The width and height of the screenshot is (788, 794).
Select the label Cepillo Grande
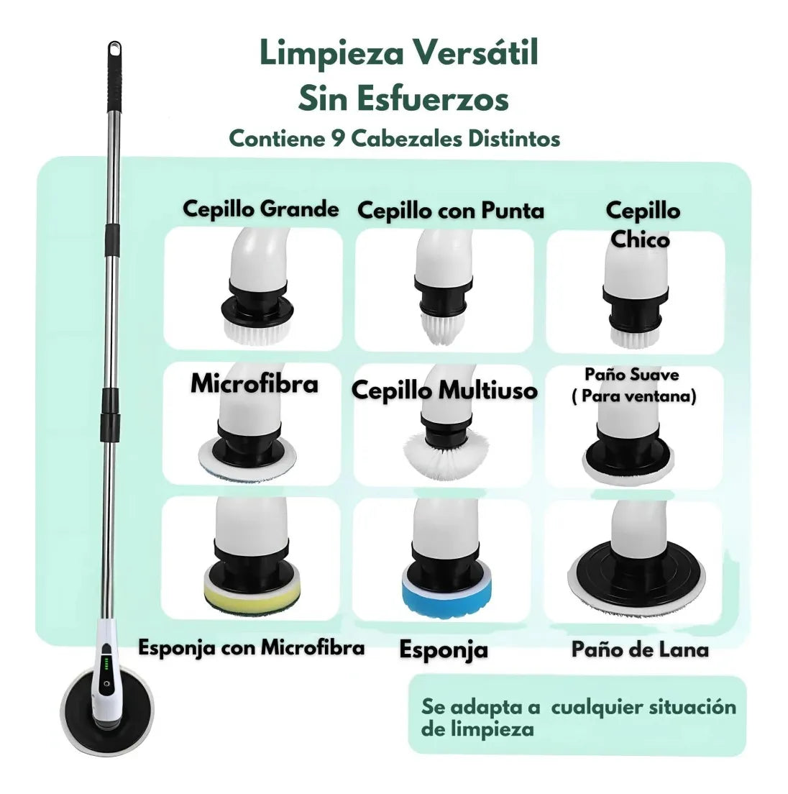(260, 209)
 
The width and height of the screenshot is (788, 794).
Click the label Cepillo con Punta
(451, 211)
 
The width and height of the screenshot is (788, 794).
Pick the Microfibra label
(254, 384)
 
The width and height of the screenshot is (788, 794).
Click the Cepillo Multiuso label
(444, 391)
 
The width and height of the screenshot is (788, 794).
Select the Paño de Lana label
(640, 649)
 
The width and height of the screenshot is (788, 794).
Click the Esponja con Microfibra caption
(252, 647)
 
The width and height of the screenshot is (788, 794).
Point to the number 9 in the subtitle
(339, 138)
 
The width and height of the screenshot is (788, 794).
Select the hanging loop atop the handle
(114, 50)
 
